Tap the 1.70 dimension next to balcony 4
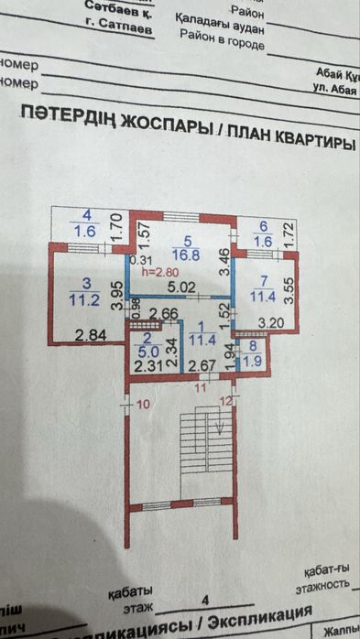pos(116,227)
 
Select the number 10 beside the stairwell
pos(142,403)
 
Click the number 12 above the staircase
pos(224,401)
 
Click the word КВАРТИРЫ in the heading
pos(308,145)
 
